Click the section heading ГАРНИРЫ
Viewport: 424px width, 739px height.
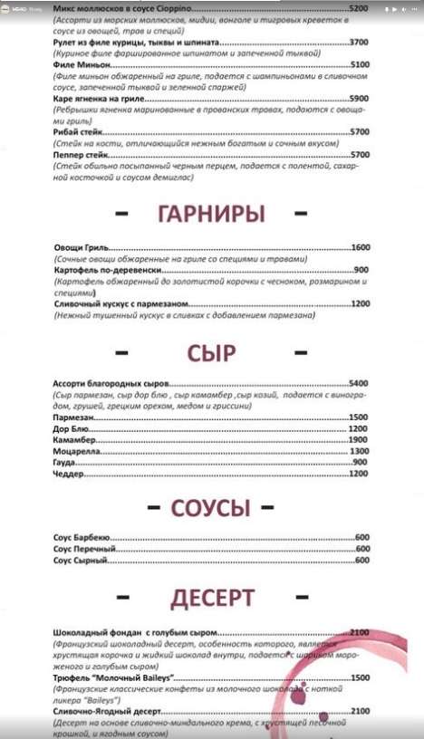pyautogui.click(x=211, y=215)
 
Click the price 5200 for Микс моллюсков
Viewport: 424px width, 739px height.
pyautogui.click(x=358, y=8)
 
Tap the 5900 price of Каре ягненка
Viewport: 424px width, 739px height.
pyautogui.click(x=359, y=98)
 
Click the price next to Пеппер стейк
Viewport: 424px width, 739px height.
pyautogui.click(x=359, y=154)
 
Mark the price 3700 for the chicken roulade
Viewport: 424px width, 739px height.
pyautogui.click(x=359, y=42)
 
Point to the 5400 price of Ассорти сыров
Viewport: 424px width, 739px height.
pyautogui.click(x=358, y=383)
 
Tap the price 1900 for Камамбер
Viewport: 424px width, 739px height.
pyautogui.click(x=358, y=439)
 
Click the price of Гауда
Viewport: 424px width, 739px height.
pyautogui.click(x=360, y=463)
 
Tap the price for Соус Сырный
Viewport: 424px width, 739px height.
pyautogui.click(x=362, y=560)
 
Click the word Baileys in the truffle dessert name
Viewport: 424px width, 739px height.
pyautogui.click(x=157, y=677)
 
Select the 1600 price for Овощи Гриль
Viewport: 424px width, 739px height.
pyautogui.click(x=361, y=247)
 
